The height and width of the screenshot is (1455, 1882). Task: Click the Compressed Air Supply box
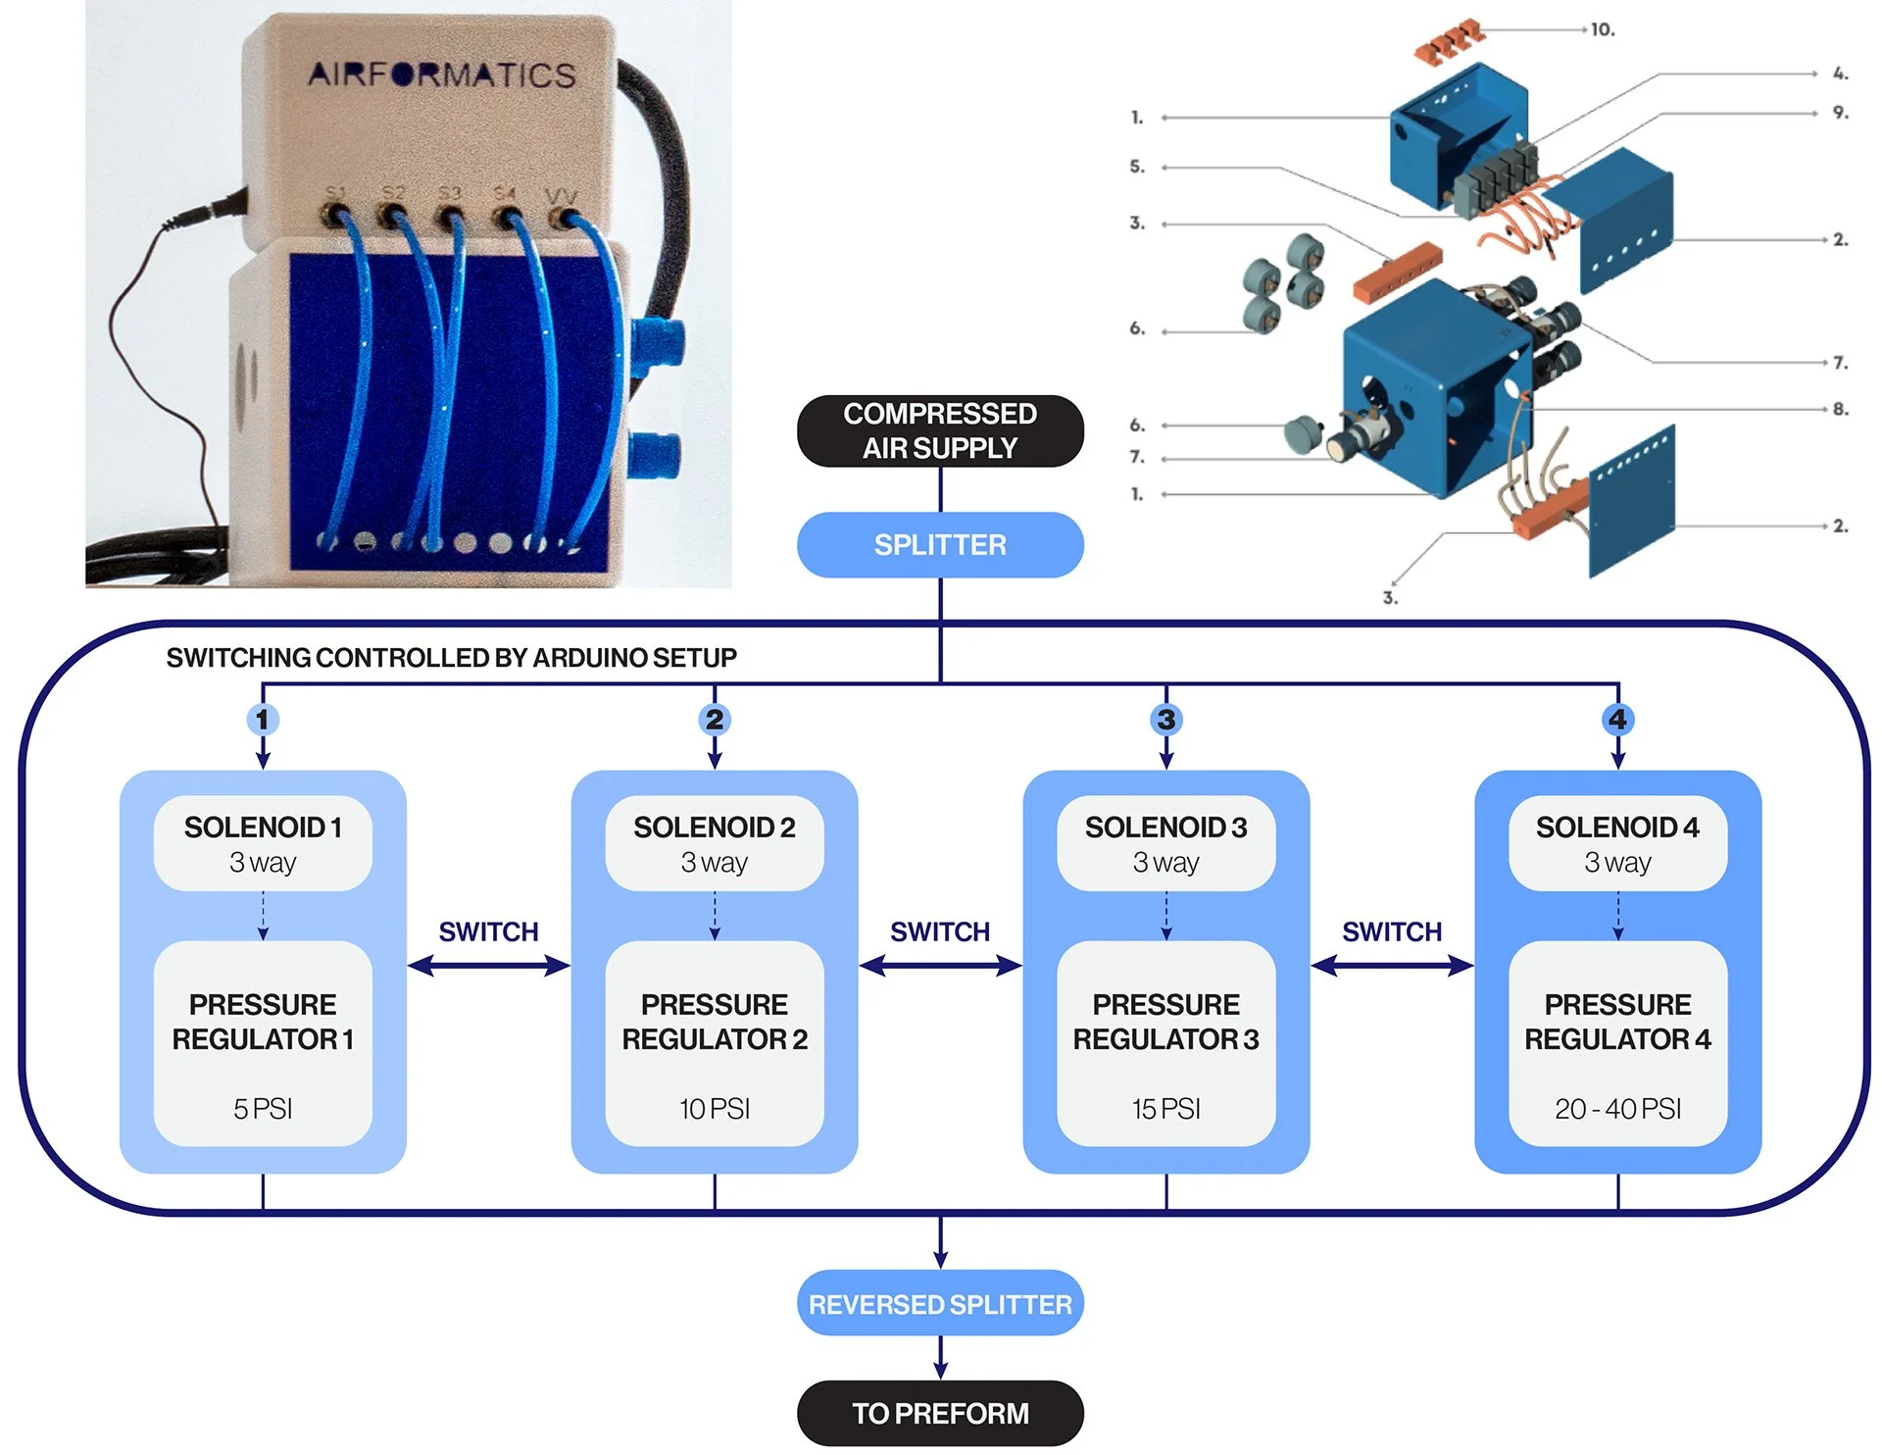click(939, 430)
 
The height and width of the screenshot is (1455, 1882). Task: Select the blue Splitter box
click(939, 544)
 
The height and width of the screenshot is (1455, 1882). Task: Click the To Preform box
click(939, 1413)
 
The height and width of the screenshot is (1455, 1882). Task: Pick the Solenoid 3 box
click(1165, 843)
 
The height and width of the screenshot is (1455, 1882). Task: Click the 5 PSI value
click(263, 1109)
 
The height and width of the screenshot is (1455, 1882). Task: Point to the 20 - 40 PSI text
click(1617, 1109)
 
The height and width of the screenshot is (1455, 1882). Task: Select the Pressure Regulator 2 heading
click(715, 1022)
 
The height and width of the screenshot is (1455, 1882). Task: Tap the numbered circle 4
click(1617, 720)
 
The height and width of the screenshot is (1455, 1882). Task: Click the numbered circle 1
click(262, 720)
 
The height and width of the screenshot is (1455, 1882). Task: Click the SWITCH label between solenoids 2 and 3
click(939, 931)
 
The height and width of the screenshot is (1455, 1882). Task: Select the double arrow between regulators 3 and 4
click(1392, 967)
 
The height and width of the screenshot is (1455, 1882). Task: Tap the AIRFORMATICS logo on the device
click(441, 75)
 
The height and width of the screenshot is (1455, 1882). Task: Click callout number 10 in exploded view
click(1603, 29)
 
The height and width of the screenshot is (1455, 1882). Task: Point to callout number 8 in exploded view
click(1840, 409)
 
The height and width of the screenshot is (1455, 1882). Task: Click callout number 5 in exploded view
click(1137, 167)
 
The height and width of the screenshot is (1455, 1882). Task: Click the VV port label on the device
click(561, 195)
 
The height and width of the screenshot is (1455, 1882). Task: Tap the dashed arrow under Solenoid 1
click(263, 916)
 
